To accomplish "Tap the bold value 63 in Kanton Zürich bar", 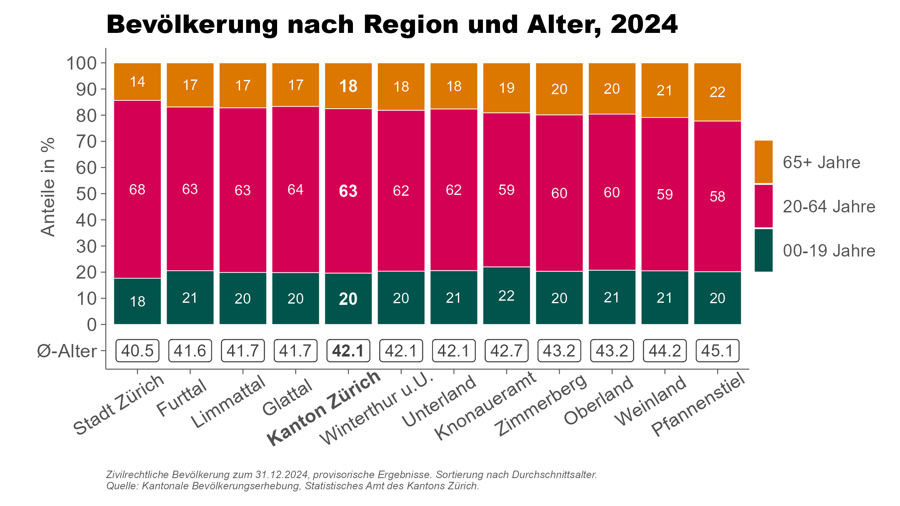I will [x=348, y=191].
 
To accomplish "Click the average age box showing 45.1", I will [x=717, y=351].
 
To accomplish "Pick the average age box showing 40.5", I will [x=137, y=351].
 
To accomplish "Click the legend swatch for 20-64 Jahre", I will [x=763, y=206].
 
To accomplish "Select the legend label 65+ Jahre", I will [x=821, y=162].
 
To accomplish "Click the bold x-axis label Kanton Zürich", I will [x=324, y=408].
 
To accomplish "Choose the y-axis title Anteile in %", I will [x=48, y=187].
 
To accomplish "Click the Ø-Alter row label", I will [x=67, y=351].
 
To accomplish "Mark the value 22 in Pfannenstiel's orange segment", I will [x=717, y=92].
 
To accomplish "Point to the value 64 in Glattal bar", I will [x=295, y=189].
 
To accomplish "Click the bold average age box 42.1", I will [x=348, y=351].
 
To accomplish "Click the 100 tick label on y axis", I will [x=81, y=63].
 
